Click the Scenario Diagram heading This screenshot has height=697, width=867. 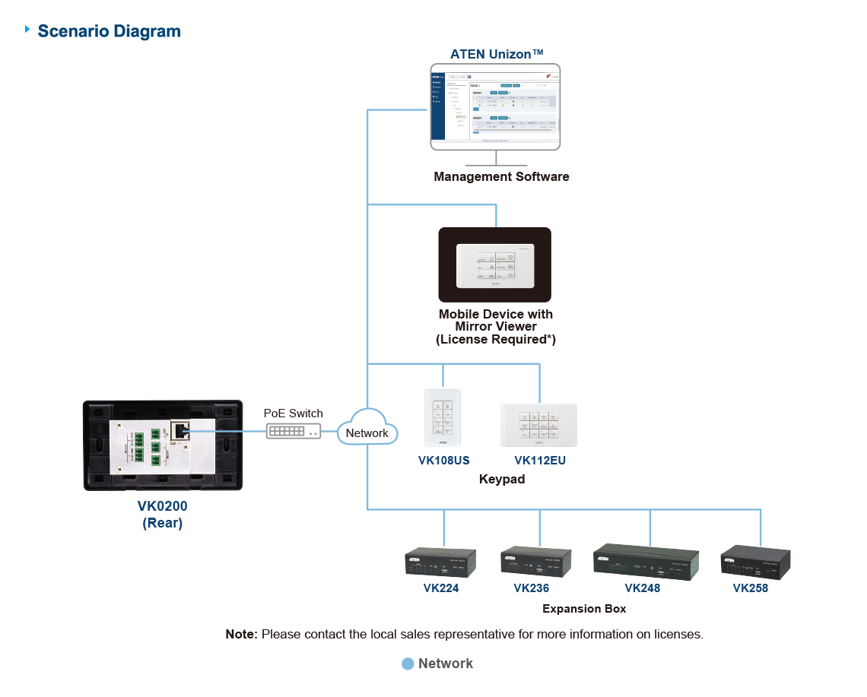[109, 32]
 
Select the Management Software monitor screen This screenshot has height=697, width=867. [495, 106]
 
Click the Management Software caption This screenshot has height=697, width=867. [501, 176]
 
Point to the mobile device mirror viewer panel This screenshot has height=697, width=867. [494, 265]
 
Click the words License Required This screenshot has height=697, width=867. [495, 340]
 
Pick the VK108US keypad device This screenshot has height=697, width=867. [443, 419]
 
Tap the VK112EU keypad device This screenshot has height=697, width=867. [538, 425]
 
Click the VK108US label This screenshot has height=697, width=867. [443, 461]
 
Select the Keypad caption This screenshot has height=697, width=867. [501, 480]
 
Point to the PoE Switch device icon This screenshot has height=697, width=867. [293, 431]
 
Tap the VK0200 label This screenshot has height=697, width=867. [162, 506]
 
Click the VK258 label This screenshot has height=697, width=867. [750, 588]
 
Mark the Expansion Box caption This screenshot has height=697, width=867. [584, 609]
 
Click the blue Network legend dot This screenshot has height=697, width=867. [408, 664]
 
